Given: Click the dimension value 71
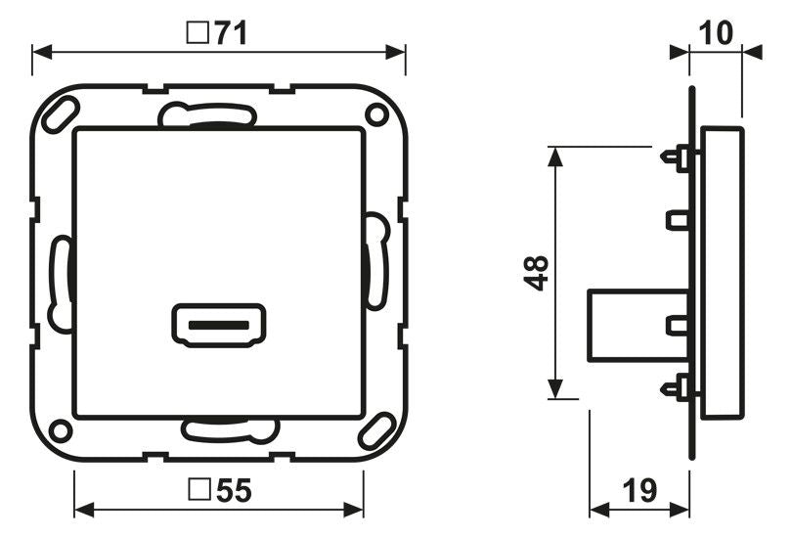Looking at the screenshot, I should click(231, 34).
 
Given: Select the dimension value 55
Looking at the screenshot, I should click(233, 490).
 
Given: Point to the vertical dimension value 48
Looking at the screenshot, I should click(536, 272).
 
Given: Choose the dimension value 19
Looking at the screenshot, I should click(639, 490).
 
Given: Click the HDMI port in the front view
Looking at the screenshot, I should click(217, 324).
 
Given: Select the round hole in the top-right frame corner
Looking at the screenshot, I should click(375, 114).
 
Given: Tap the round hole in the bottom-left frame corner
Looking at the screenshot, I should click(61, 429).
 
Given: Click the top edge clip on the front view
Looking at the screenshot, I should click(207, 116).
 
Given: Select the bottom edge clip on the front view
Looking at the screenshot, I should click(231, 428).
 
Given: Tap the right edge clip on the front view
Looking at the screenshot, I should click(375, 260).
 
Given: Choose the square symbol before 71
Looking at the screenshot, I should click(197, 34).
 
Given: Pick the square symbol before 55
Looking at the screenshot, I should click(198, 490).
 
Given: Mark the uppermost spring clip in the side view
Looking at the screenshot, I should click(678, 157).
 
